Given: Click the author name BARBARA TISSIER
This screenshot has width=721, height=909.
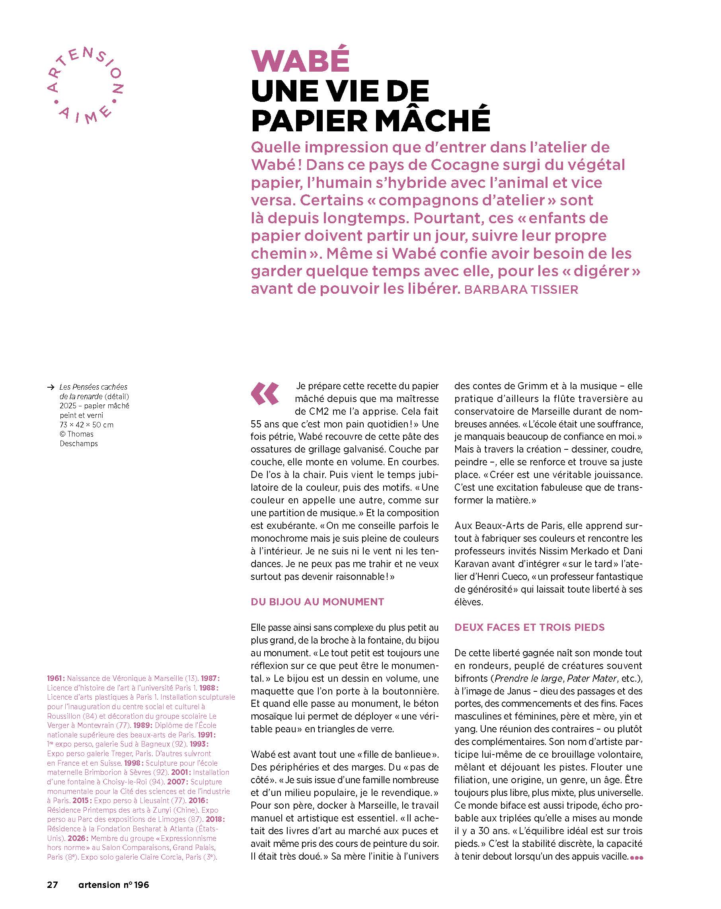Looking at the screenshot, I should coord(521,290).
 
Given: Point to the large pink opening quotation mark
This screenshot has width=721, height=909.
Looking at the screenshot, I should coord(265,393).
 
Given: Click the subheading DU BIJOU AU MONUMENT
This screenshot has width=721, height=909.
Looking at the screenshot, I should coord(317,602).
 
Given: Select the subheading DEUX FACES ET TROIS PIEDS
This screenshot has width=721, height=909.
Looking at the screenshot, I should coord(529,627).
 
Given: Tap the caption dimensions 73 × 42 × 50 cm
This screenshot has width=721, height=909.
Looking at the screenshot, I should coord(86,425).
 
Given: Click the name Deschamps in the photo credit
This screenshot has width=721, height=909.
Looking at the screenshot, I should coord(78,443).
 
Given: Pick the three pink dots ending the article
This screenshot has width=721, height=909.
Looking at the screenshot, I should coord(636,858).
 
